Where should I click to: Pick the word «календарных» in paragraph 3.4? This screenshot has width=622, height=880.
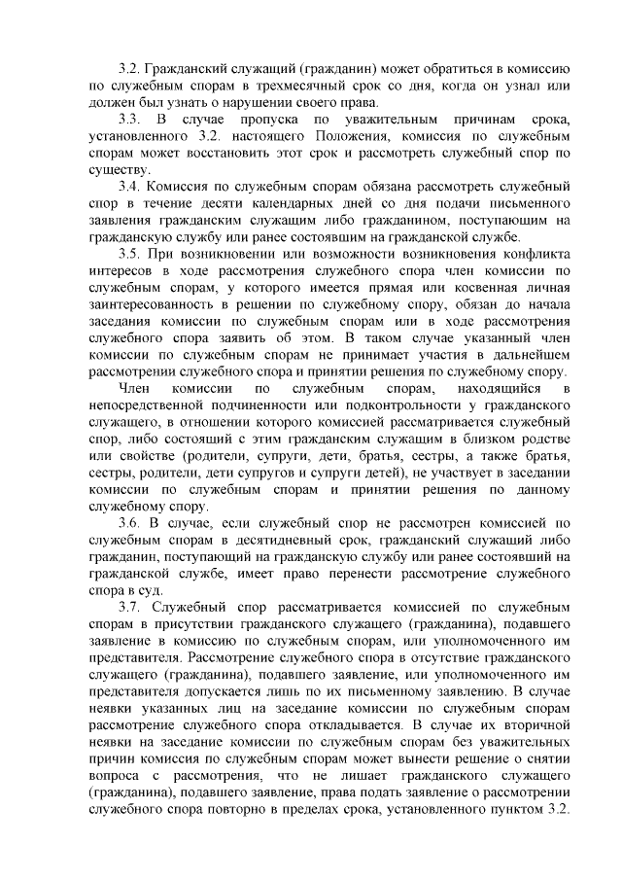[284, 202]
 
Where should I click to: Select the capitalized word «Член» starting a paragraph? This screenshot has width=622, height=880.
[132, 388]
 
